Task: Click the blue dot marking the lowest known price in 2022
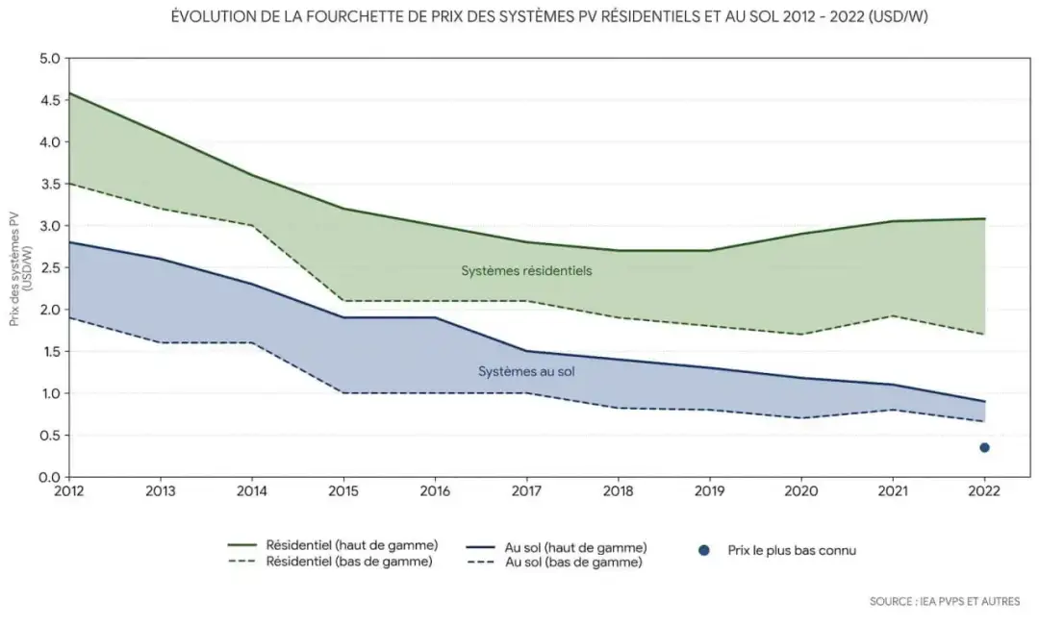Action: click(x=984, y=447)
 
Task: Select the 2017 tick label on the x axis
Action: click(x=526, y=489)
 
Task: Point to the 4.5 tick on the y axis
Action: click(x=49, y=100)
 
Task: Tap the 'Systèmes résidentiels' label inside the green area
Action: click(x=526, y=271)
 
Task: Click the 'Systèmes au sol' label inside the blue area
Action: click(x=526, y=370)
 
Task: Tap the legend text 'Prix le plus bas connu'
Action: click(x=793, y=551)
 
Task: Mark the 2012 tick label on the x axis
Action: click(x=68, y=489)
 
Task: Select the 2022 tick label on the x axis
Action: click(x=984, y=489)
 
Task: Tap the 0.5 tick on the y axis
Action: click(x=49, y=435)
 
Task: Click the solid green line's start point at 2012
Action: click(x=68, y=93)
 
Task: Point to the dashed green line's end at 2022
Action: click(x=984, y=334)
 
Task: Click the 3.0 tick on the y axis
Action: click(x=49, y=226)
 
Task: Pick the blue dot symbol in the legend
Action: click(x=704, y=551)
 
